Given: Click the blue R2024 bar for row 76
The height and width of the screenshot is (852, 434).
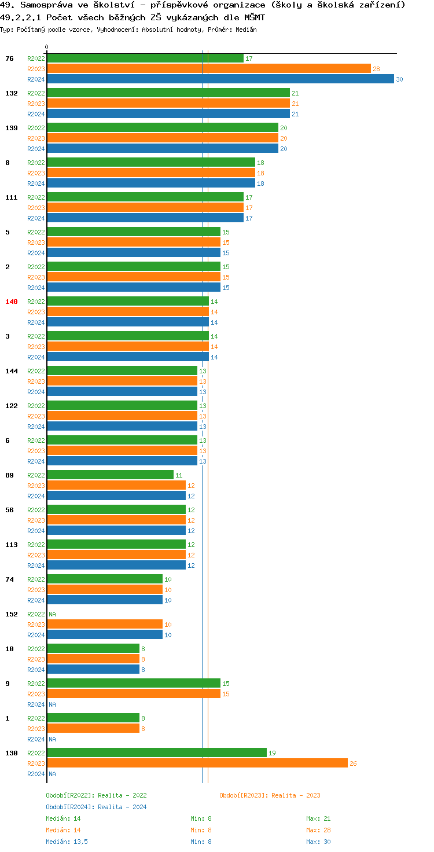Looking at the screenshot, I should (x=220, y=79).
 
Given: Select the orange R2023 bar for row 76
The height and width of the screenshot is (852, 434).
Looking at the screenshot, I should (x=208, y=69).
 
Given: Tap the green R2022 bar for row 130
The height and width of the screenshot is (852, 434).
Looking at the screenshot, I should (x=156, y=753).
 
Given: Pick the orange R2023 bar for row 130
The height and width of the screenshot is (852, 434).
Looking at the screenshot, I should (x=197, y=763).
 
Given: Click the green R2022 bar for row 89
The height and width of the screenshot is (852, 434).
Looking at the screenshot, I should (x=110, y=475).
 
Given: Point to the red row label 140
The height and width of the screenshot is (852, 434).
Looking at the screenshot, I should (x=12, y=302).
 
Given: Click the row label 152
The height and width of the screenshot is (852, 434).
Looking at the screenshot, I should (x=12, y=614).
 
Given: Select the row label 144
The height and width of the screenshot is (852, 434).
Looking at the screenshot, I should (x=12, y=371).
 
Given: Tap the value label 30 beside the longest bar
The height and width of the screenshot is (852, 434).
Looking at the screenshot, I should (x=399, y=79).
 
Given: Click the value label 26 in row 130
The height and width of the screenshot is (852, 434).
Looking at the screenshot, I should (x=353, y=763).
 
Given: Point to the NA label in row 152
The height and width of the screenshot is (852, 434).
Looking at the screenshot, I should (x=52, y=614).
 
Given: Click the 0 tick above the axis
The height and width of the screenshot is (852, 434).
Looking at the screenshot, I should (x=47, y=47).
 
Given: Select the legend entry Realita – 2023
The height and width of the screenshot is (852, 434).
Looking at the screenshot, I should (x=270, y=795).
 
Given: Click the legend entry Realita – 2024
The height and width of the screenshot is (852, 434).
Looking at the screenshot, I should (x=96, y=807).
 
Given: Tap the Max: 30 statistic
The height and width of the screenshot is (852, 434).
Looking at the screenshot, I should (x=318, y=842).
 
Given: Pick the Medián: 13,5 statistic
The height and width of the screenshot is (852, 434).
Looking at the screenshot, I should (x=67, y=842).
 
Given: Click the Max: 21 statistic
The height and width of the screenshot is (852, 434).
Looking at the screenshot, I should (x=318, y=818).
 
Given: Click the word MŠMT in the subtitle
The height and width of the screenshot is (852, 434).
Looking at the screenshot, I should (x=253, y=17).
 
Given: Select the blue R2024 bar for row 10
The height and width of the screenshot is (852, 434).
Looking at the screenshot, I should (x=93, y=670).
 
